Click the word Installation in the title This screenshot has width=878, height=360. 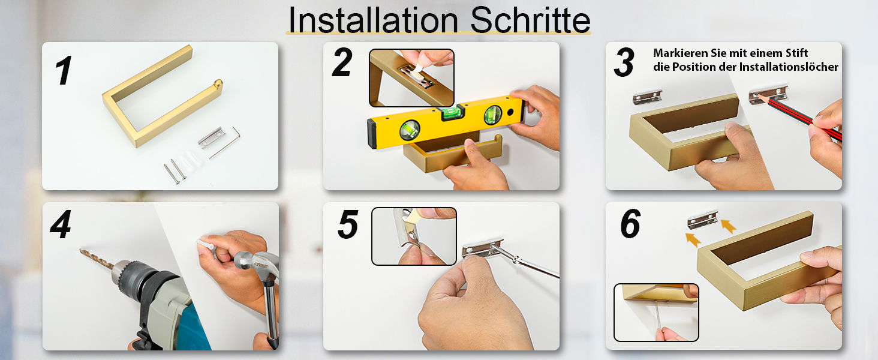(x=373, y=20)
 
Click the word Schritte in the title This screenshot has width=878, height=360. (x=530, y=20)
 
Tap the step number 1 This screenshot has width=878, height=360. (x=64, y=70)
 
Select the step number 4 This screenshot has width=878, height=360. (x=61, y=224)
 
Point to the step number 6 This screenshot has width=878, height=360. (x=630, y=224)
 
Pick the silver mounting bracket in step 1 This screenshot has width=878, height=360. (x=212, y=137)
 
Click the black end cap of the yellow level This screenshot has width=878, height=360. (x=372, y=134)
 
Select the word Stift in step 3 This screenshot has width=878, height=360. (x=795, y=53)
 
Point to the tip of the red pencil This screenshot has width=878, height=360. (x=755, y=95)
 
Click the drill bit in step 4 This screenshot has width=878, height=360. (x=97, y=258)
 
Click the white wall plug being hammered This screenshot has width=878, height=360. (x=206, y=245)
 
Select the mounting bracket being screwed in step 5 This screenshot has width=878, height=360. (x=483, y=247)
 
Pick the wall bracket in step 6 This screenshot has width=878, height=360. (x=702, y=220)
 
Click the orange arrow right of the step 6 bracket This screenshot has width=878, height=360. (x=728, y=226)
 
